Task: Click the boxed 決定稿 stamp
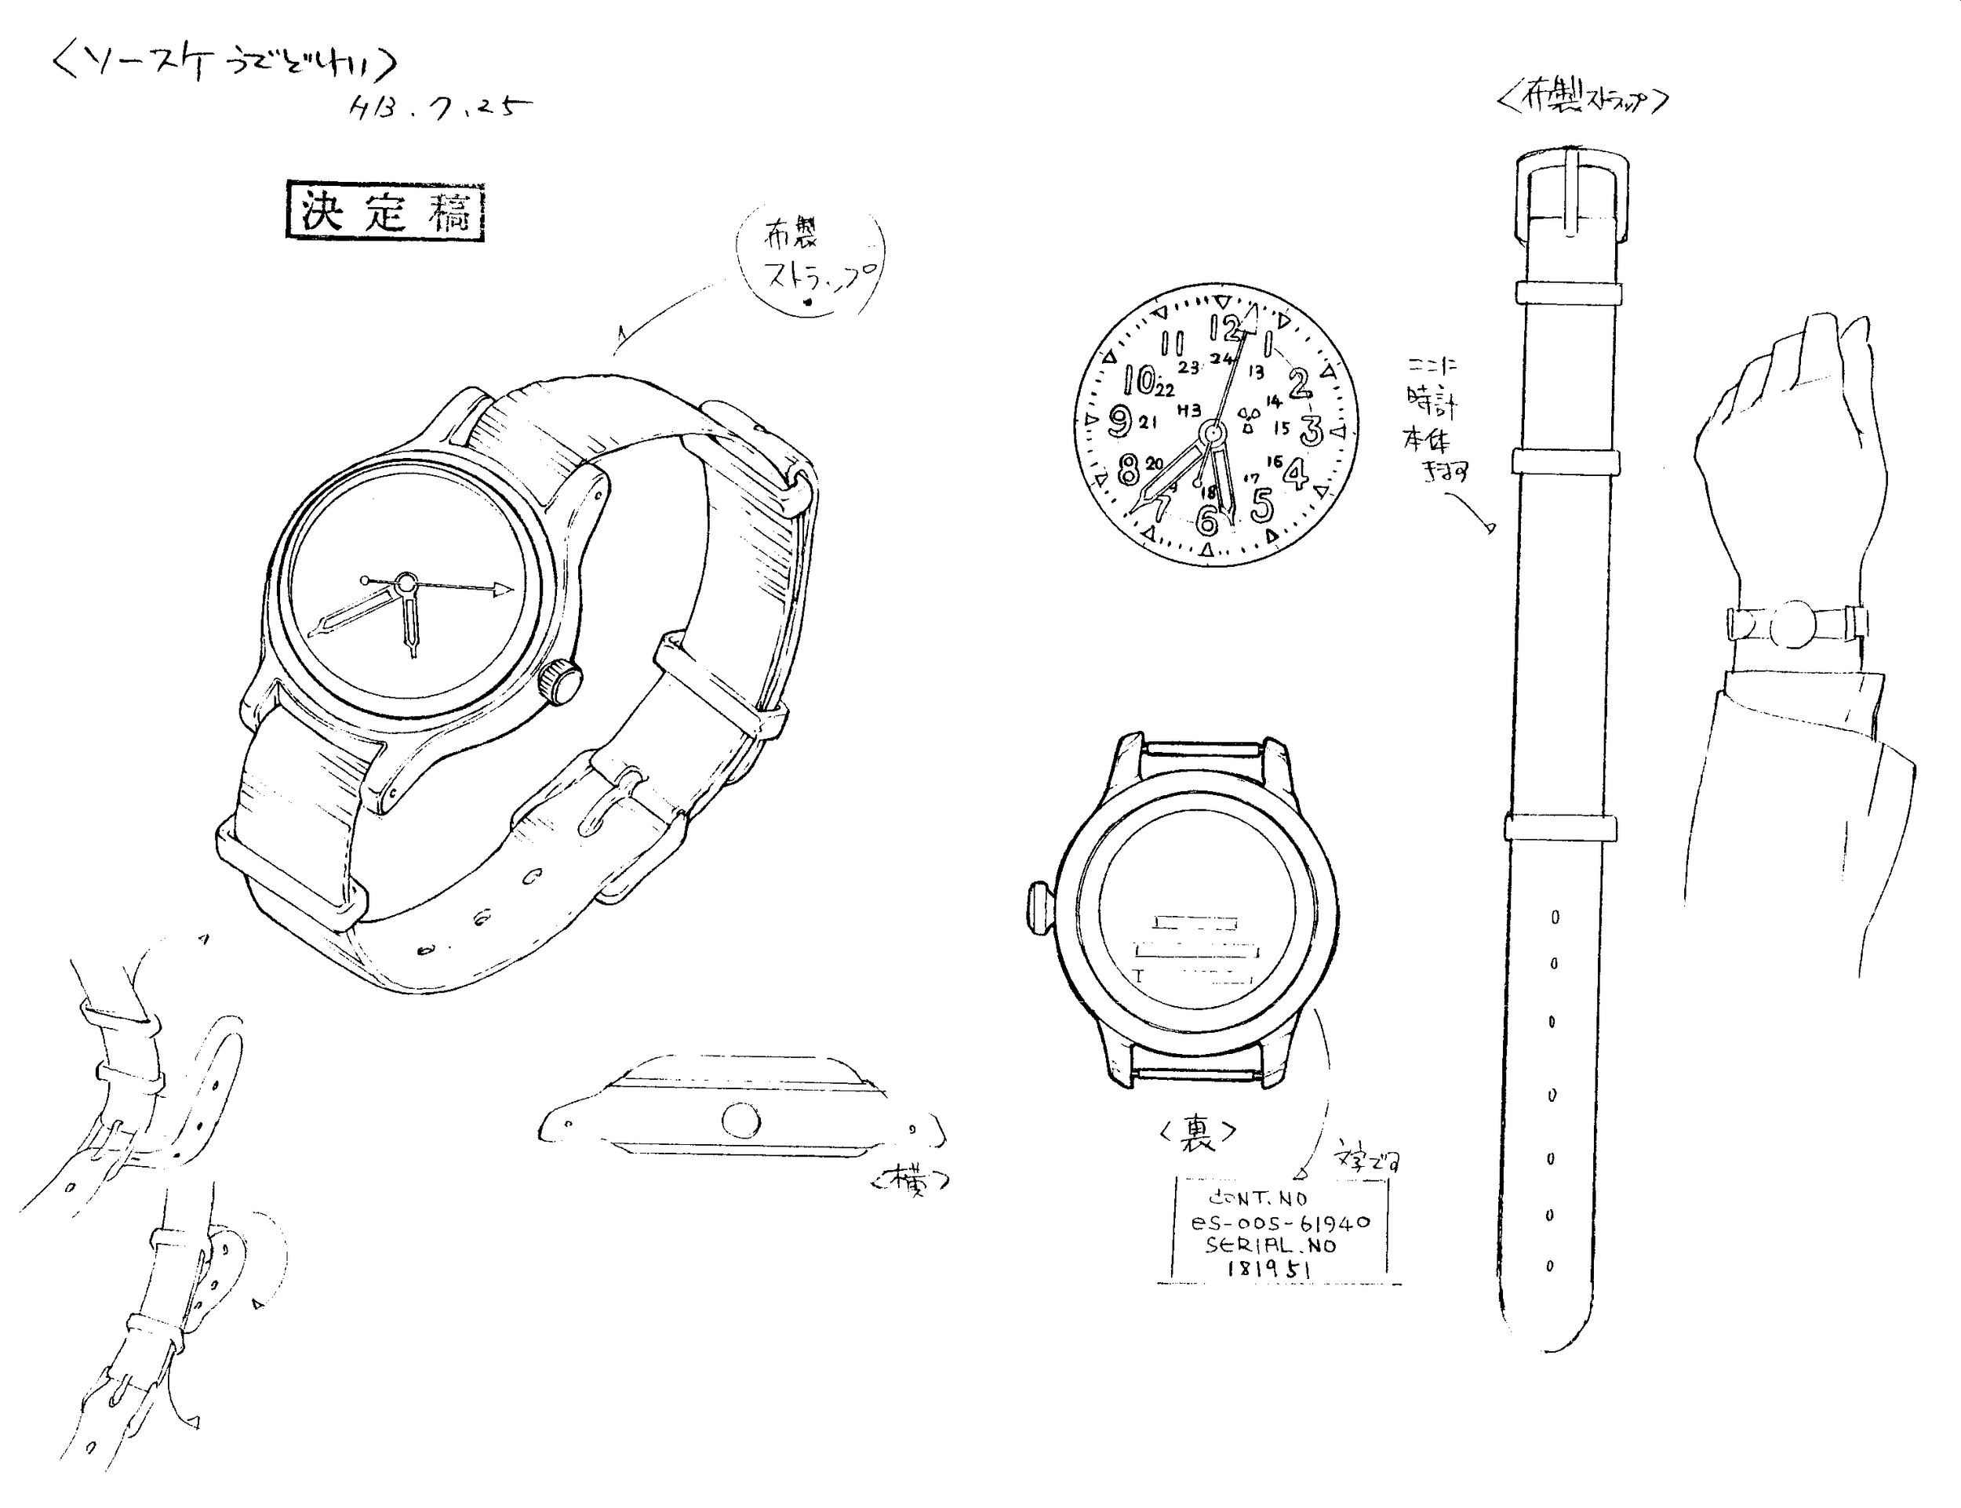pos(385,212)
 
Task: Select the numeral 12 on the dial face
pos(1224,328)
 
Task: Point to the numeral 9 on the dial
pos(1119,420)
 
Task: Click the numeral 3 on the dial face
pos(1311,430)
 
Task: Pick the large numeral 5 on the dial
pos(1261,504)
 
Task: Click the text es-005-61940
pos(1280,1223)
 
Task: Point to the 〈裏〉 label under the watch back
pos(1198,1133)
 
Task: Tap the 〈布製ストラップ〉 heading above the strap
pos(1582,100)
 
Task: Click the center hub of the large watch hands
pos(406,582)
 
